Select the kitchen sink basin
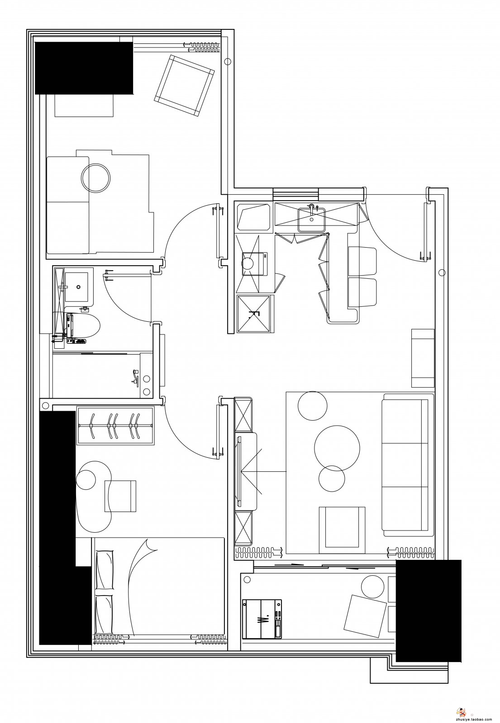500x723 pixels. (x=312, y=220)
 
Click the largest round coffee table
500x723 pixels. (x=337, y=448)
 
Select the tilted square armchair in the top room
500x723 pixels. (x=184, y=85)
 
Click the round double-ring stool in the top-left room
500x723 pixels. (x=95, y=178)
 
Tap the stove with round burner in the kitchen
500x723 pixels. (x=254, y=263)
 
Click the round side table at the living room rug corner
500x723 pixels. (x=312, y=406)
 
